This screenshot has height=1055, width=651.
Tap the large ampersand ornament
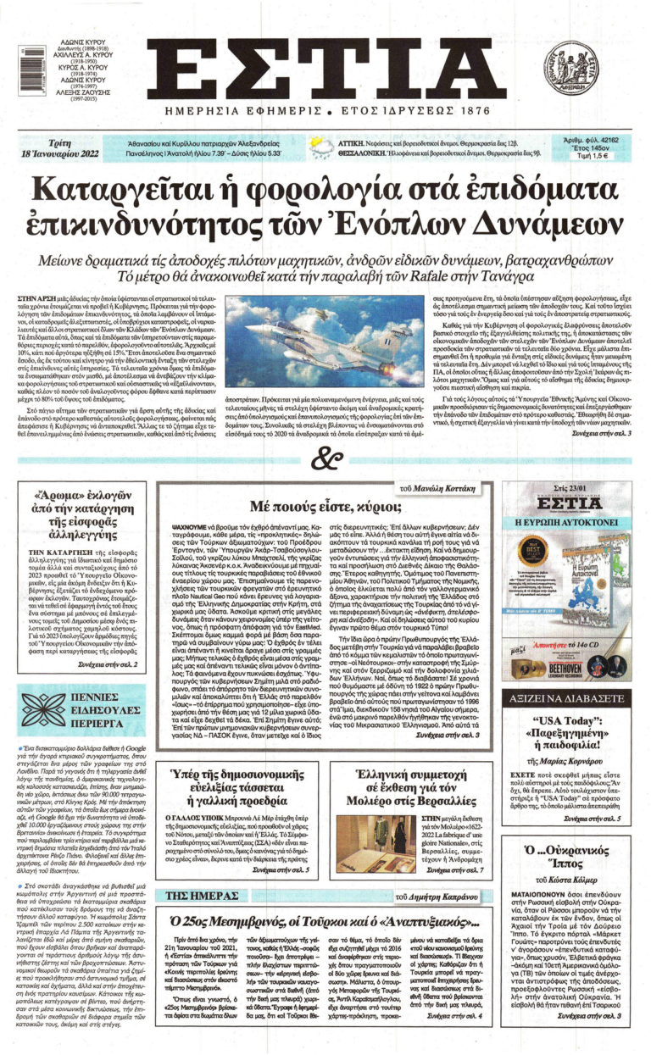click(325, 461)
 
